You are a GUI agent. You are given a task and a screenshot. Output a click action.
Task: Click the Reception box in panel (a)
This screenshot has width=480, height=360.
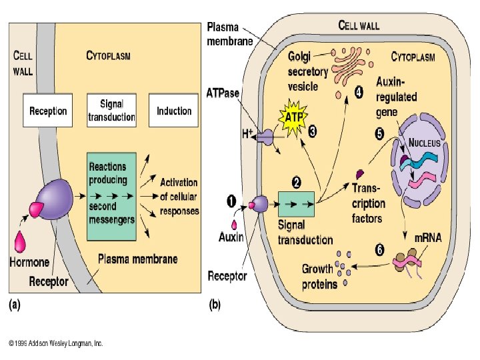(x=49, y=111)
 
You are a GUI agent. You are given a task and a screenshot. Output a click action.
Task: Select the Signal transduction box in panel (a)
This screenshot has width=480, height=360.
(x=111, y=111)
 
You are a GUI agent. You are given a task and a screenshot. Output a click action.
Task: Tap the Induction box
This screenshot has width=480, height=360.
(x=174, y=111)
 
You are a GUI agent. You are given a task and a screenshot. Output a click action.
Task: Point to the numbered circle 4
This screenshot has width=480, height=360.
(x=359, y=93)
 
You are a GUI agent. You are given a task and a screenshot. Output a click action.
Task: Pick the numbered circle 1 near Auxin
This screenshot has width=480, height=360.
(x=231, y=199)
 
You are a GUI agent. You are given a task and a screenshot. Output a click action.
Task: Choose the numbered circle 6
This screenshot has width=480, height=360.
(x=379, y=251)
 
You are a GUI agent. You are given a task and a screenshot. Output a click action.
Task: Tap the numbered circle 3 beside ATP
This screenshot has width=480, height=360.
(x=311, y=132)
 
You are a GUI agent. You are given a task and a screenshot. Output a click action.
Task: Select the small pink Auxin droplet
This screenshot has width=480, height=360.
(x=235, y=225)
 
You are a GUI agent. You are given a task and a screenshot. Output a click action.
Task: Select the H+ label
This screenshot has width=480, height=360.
(x=247, y=134)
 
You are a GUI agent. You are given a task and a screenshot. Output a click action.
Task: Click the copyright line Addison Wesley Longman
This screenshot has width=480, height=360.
(x=56, y=344)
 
